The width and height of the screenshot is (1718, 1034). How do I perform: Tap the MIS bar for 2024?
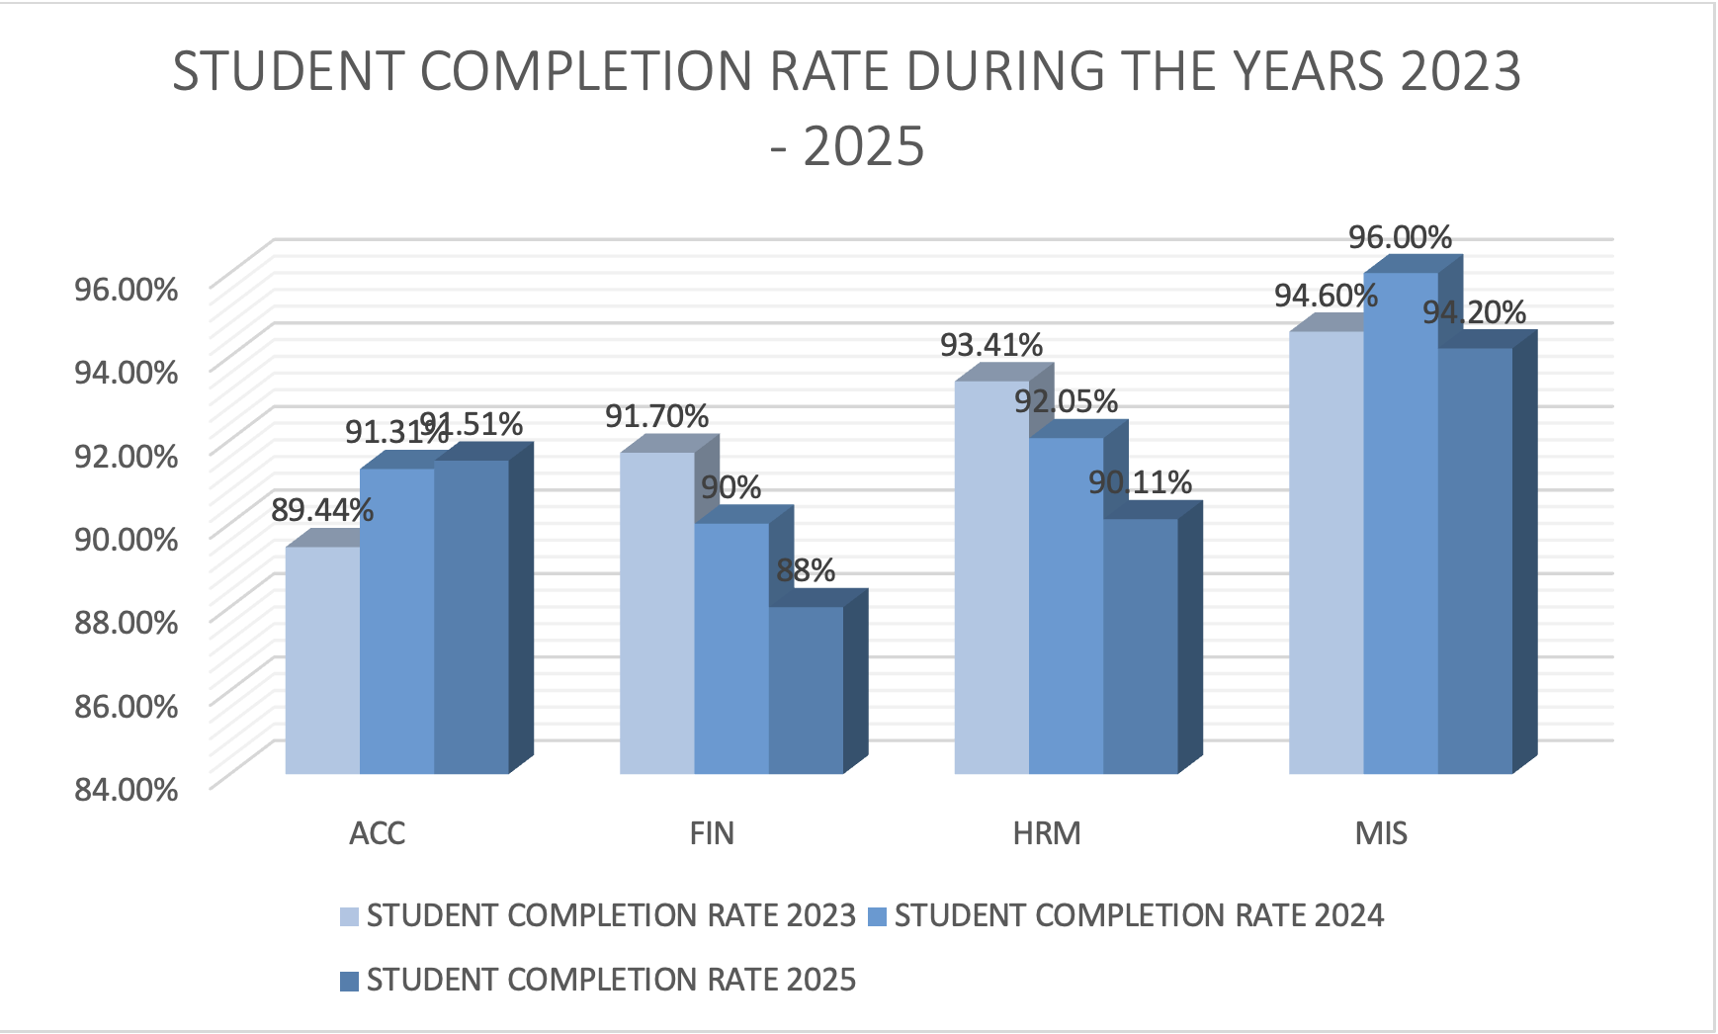[x=1400, y=524]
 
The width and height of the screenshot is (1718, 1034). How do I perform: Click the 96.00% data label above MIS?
[x=1400, y=237]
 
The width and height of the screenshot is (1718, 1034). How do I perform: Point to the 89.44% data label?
[x=322, y=510]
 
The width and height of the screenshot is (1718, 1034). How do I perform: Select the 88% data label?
[x=806, y=570]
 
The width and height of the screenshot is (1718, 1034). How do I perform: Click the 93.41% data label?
[x=990, y=345]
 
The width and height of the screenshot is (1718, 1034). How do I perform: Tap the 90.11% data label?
[x=1140, y=482]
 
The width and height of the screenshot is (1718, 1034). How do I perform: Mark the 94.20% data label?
[x=1474, y=312]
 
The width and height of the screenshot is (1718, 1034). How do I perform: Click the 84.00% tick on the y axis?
[x=127, y=789]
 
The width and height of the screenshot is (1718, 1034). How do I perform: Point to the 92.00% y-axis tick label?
[x=127, y=456]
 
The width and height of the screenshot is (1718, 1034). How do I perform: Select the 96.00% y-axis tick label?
[x=127, y=290]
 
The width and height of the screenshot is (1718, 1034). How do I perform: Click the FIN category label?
[x=712, y=833]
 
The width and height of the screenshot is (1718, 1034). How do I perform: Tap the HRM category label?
[x=1047, y=833]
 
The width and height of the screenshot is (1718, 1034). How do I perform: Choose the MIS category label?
[x=1381, y=833]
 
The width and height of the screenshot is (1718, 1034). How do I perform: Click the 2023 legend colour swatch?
[x=349, y=916]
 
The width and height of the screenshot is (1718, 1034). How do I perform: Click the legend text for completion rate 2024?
[x=1139, y=915]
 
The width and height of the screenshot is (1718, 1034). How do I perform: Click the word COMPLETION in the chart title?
[x=587, y=71]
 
